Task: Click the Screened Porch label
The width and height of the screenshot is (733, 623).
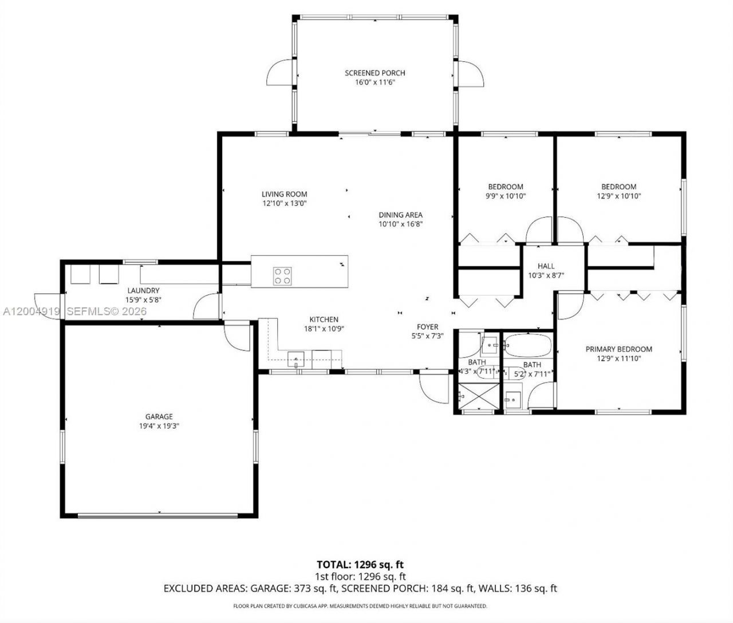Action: click(375, 73)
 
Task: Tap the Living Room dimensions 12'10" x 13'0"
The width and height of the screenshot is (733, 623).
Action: click(284, 203)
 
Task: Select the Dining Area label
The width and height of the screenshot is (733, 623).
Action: click(400, 215)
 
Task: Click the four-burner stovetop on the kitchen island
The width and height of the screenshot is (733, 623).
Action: click(282, 276)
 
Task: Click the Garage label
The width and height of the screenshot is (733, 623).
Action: click(159, 417)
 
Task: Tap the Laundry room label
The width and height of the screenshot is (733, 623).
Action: click(143, 291)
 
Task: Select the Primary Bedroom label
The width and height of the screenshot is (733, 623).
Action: click(618, 349)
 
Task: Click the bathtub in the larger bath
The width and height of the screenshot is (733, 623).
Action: click(528, 346)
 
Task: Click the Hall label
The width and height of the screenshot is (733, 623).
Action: click(546, 266)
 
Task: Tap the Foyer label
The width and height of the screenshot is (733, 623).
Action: click(427, 327)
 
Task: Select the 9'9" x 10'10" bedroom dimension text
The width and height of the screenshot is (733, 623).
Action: click(505, 196)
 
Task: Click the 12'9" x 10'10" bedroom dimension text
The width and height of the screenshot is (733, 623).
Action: click(618, 196)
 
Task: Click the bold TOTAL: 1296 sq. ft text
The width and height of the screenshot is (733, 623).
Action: click(360, 565)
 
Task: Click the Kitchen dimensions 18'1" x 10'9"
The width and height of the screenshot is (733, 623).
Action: click(324, 329)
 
